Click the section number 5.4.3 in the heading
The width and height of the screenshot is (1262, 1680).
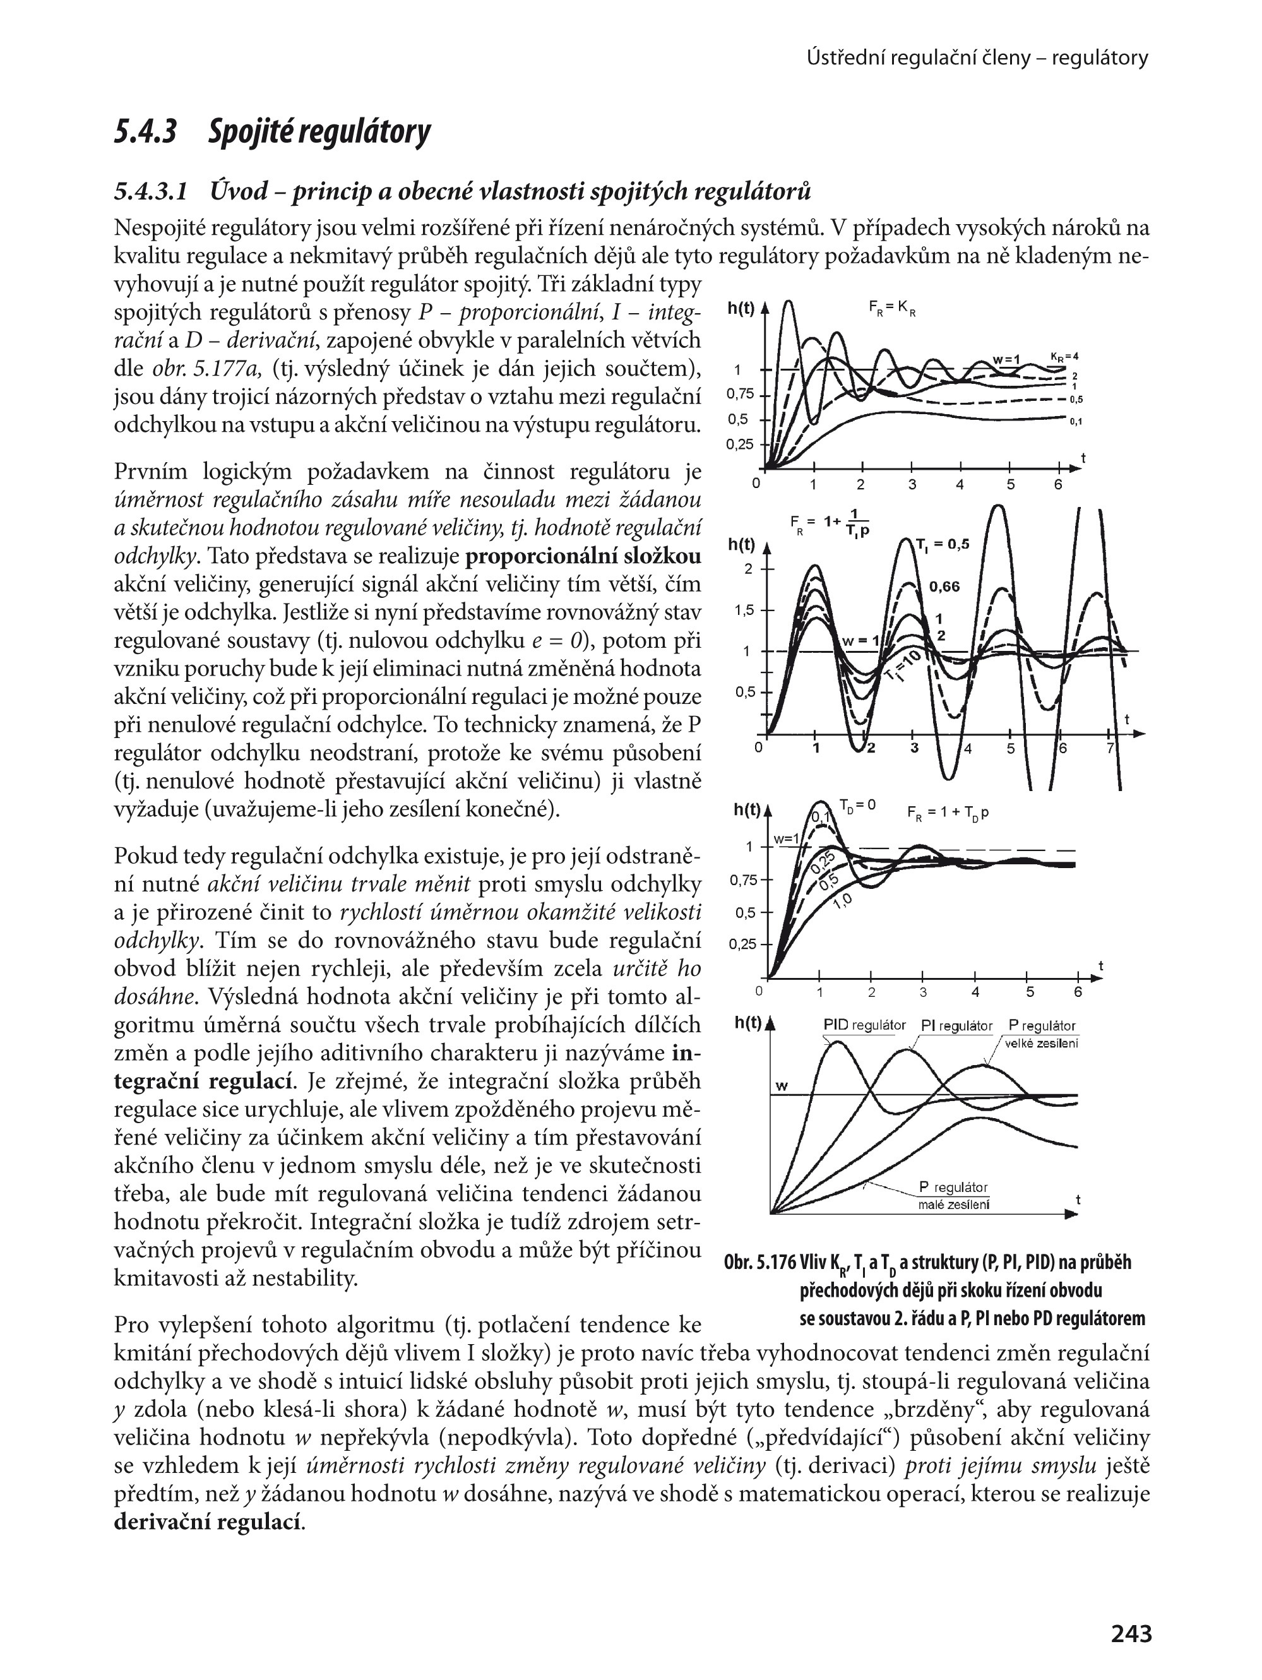point(146,131)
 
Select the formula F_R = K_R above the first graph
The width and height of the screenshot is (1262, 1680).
point(892,308)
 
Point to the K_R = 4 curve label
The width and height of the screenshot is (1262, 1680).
point(1064,356)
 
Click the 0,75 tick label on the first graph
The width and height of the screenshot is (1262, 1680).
point(741,394)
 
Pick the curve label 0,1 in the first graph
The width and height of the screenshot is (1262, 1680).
point(1075,422)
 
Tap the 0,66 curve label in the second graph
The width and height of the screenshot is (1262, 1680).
point(944,587)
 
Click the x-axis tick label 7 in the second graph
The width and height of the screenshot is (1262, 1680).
point(1109,749)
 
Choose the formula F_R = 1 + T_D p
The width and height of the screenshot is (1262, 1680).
point(948,813)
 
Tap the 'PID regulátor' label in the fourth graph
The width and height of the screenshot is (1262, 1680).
point(864,1025)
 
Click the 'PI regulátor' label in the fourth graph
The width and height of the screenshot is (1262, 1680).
point(956,1026)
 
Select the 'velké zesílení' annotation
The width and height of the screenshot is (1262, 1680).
point(1041,1044)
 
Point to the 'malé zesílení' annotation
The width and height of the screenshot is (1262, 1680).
point(953,1205)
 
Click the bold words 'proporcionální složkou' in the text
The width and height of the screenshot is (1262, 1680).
point(583,557)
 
